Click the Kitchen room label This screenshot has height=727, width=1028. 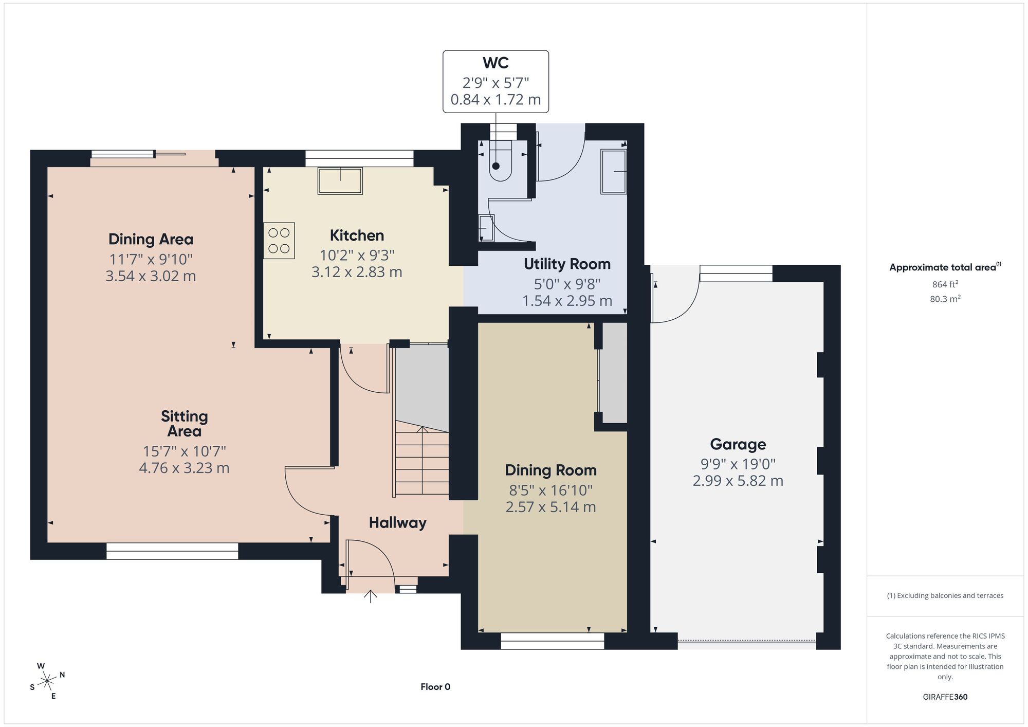pyautogui.click(x=357, y=235)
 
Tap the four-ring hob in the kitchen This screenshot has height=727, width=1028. pyautogui.click(x=279, y=240)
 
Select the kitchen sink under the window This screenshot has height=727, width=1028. pyautogui.click(x=340, y=180)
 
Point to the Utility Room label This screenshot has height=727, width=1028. pyautogui.click(x=567, y=264)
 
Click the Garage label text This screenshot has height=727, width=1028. pyautogui.click(x=738, y=444)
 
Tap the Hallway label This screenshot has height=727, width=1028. pyautogui.click(x=398, y=523)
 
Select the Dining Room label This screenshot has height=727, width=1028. pyautogui.click(x=550, y=470)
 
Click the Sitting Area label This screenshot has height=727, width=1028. pyautogui.click(x=184, y=424)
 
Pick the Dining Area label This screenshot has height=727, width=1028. pyautogui.click(x=151, y=239)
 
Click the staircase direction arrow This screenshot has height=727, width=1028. pyautogui.click(x=422, y=460)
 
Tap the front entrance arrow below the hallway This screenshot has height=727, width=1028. pyautogui.click(x=371, y=596)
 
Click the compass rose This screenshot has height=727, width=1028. pyautogui.click(x=47, y=681)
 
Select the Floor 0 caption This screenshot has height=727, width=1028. pyautogui.click(x=435, y=687)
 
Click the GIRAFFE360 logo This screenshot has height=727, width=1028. pyautogui.click(x=945, y=697)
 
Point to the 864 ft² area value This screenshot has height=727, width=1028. pyautogui.click(x=945, y=284)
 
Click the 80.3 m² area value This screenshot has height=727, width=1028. pyautogui.click(x=945, y=299)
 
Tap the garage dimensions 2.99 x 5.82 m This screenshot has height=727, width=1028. pyautogui.click(x=738, y=481)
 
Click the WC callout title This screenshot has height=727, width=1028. pyautogui.click(x=495, y=63)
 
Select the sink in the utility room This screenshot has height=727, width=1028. pyautogui.click(x=614, y=172)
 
